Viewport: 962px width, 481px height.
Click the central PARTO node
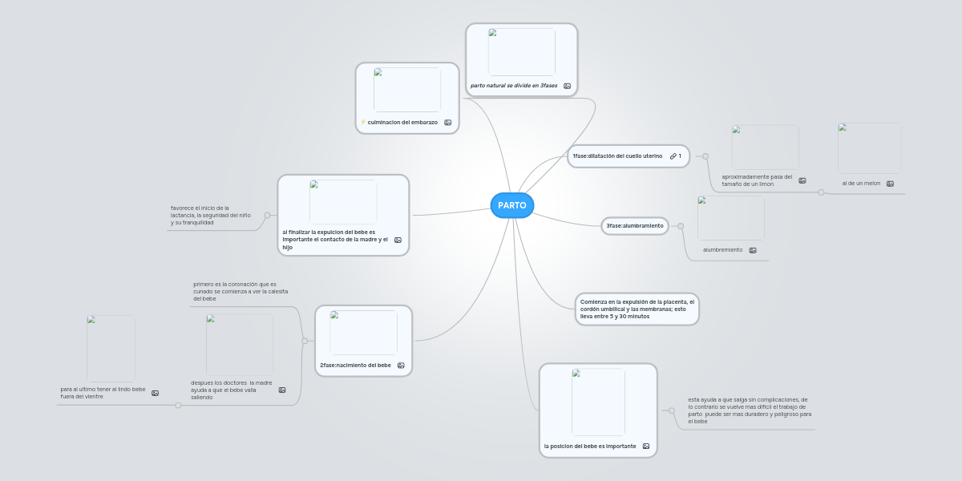(x=512, y=205)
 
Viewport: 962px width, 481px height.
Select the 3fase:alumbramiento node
(x=635, y=226)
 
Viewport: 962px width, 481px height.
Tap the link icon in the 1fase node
(x=673, y=156)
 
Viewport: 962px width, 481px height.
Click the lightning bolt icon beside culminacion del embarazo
(x=363, y=123)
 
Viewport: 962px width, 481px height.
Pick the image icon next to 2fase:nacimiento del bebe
(x=401, y=366)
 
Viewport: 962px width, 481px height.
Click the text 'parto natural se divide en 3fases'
(x=514, y=86)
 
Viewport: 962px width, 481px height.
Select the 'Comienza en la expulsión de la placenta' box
(x=637, y=309)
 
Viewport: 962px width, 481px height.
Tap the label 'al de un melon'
(x=861, y=184)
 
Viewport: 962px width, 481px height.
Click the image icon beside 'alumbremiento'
(x=753, y=250)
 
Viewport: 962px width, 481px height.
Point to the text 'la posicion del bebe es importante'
(x=590, y=447)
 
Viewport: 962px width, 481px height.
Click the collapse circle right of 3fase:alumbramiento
(x=681, y=226)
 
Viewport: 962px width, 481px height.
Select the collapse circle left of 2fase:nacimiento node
(x=305, y=341)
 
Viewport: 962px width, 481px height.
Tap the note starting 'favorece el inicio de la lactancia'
(x=210, y=215)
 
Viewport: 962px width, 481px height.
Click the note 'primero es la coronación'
(x=240, y=292)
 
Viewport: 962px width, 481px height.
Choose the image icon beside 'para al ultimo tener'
(x=155, y=393)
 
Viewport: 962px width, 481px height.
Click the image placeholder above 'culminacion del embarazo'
(x=407, y=90)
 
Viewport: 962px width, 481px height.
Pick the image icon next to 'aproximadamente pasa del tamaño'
(x=802, y=181)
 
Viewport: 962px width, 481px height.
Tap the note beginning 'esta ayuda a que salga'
(x=750, y=410)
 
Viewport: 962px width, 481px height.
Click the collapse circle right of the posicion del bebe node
(x=672, y=411)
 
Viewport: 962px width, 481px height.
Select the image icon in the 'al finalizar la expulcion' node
(x=398, y=240)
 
